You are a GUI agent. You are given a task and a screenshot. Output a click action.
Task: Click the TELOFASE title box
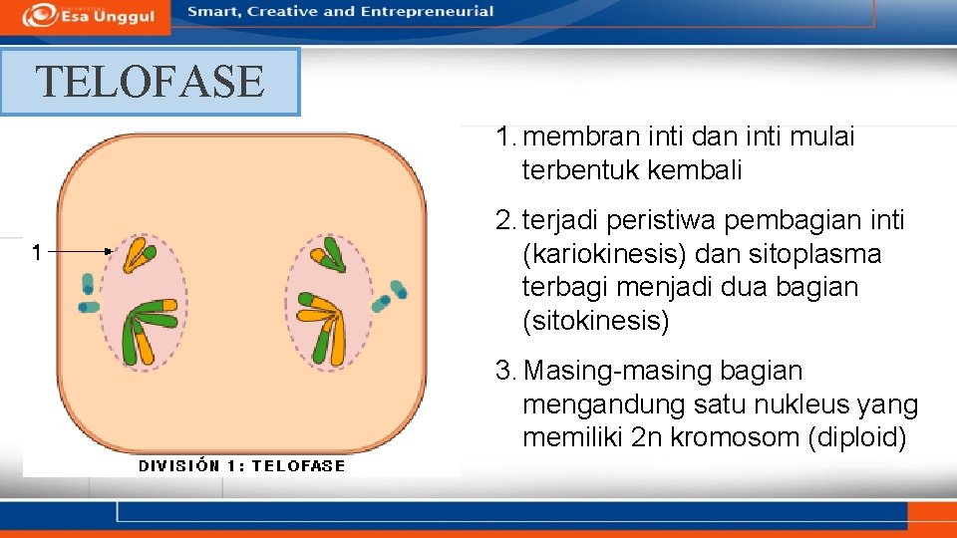(150, 82)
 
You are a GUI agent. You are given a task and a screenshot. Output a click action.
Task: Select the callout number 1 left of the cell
(36, 253)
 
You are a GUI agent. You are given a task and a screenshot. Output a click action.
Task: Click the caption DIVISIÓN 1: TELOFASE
(241, 465)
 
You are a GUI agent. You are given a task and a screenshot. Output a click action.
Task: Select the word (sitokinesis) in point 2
(595, 321)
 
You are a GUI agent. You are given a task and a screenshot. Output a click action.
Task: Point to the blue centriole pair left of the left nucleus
(89, 295)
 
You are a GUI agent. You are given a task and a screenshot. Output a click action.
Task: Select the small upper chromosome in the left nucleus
(137, 255)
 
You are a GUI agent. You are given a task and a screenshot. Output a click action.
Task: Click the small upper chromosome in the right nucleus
(330, 255)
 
